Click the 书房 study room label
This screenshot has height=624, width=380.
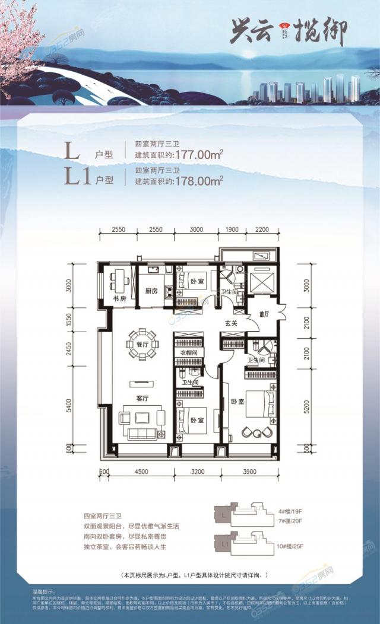[119, 298]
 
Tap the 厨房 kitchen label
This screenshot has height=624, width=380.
[151, 291]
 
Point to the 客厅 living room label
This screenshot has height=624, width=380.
[142, 399]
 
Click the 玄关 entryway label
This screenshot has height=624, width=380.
[231, 323]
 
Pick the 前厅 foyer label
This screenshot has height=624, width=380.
[264, 314]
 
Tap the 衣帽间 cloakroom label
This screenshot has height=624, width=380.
[188, 353]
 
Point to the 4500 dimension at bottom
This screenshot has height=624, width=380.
[141, 472]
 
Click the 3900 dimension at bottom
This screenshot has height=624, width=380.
[249, 472]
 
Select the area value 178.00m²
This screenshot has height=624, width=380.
[199, 180]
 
